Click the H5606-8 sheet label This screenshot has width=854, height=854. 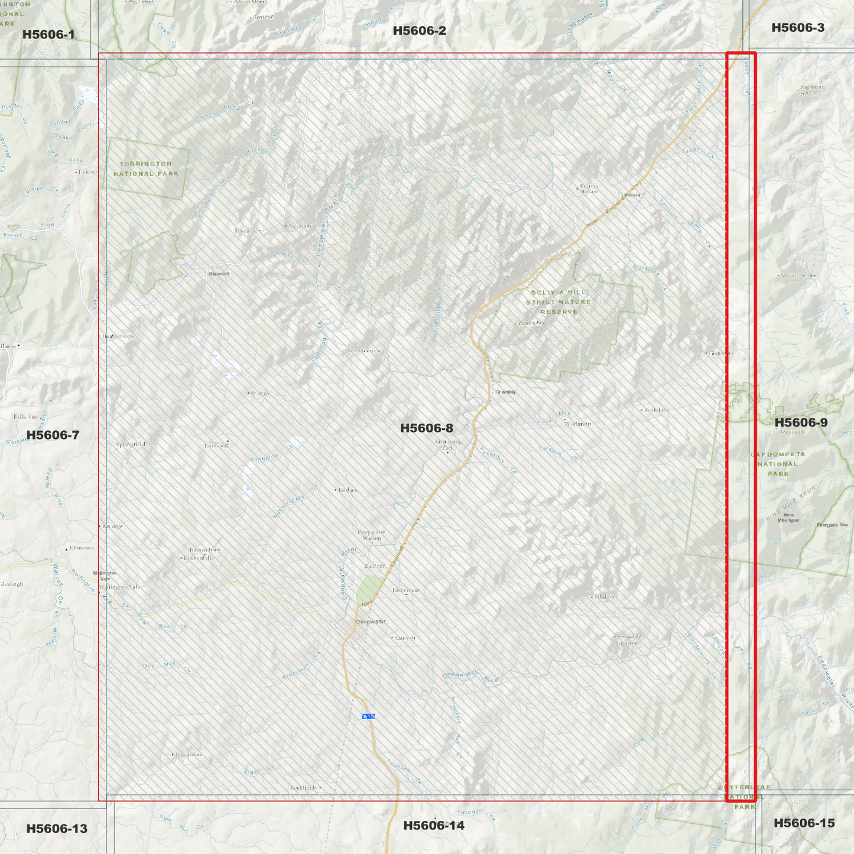point(426,428)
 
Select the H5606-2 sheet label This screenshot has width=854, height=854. point(419,31)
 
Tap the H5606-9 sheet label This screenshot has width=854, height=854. point(801,423)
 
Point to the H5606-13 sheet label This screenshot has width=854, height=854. point(57,829)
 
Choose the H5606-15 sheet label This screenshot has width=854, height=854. point(804,823)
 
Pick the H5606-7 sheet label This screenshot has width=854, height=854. point(53,435)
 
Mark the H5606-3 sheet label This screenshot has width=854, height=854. point(797,28)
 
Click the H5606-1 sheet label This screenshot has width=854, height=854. point(48,34)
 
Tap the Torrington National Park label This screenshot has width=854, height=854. point(146,169)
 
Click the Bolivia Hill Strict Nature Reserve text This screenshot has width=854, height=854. point(558,302)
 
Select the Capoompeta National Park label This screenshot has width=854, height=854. point(778,464)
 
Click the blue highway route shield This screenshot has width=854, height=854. point(368,716)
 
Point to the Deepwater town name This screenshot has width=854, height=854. point(371,622)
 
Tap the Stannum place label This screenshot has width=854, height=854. point(219,274)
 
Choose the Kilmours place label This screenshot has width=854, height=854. point(81,548)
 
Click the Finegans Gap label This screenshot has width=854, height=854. point(832,525)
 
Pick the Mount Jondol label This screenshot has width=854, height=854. point(798,275)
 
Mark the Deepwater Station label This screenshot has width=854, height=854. point(372,535)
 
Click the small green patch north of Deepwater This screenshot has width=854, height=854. point(369,589)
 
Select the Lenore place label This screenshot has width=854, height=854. point(87,172)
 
